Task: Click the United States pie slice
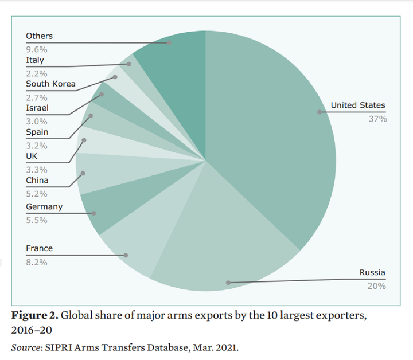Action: (x=270, y=132)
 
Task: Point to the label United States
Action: (x=358, y=105)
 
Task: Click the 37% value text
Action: (x=377, y=119)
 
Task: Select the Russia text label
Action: (x=372, y=272)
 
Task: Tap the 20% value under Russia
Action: (x=377, y=285)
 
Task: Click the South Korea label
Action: (x=50, y=84)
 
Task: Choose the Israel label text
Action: (x=37, y=108)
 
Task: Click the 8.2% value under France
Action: (x=36, y=262)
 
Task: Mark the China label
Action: (x=37, y=181)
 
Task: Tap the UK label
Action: (x=32, y=156)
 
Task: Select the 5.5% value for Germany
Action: (x=36, y=220)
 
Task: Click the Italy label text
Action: (x=34, y=60)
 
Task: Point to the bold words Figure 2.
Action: (x=34, y=314)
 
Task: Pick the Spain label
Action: (x=37, y=132)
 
